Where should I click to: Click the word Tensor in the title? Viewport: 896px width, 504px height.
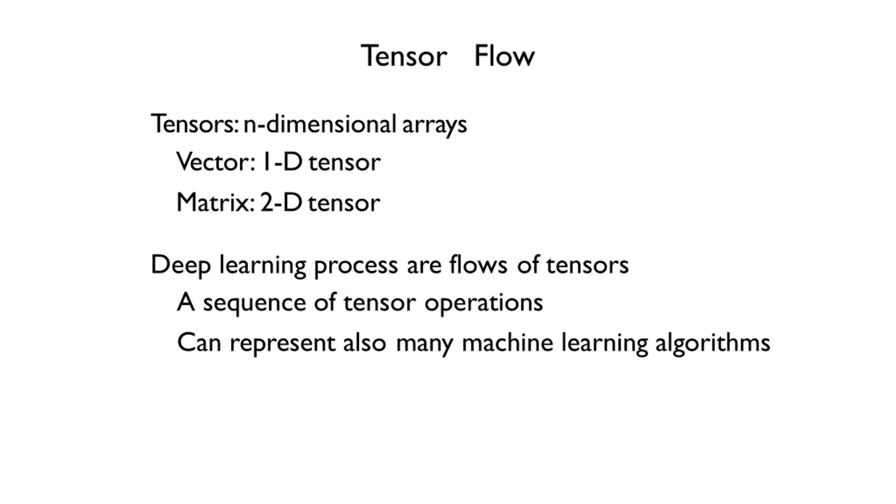pyautogui.click(x=404, y=55)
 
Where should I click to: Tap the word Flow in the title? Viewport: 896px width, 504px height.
pyautogui.click(x=504, y=55)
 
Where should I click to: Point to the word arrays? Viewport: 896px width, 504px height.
pyautogui.click(x=434, y=126)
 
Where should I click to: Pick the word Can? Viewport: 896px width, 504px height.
pyautogui.click(x=199, y=342)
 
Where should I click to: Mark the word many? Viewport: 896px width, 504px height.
pyautogui.click(x=425, y=345)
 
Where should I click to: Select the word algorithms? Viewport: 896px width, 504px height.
pyautogui.click(x=713, y=344)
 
